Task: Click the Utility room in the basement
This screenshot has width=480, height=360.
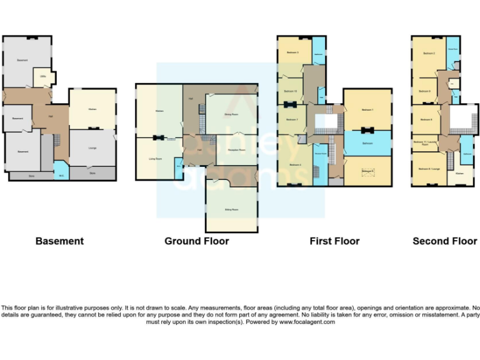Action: point(43,77)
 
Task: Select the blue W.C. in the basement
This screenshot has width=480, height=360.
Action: point(61,169)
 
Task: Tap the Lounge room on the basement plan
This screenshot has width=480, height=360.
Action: point(92,147)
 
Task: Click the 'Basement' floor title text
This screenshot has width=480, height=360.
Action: point(59,241)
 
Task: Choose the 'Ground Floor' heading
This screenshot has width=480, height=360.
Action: point(196,241)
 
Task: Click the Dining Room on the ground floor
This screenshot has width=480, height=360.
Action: point(231,114)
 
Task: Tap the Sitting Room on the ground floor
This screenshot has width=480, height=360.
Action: point(231,209)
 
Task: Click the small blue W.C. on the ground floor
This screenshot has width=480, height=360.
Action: point(179,164)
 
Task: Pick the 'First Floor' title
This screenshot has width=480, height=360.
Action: point(334,241)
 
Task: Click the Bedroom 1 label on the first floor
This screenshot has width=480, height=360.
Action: point(367,110)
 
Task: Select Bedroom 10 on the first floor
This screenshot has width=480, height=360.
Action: point(291,91)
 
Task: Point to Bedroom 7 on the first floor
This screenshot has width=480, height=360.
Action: point(291,119)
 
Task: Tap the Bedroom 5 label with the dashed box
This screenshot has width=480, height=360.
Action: point(367,171)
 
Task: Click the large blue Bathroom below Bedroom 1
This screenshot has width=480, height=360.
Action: point(367,143)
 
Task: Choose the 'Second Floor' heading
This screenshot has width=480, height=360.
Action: point(444,241)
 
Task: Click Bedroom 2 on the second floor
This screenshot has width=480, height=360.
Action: point(429,54)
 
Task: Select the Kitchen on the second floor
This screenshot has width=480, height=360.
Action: point(459,173)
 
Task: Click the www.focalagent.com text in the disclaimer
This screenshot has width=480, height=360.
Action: point(307,322)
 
